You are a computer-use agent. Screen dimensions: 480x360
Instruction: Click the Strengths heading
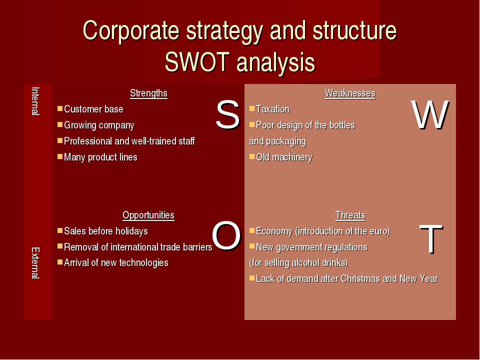click(148, 93)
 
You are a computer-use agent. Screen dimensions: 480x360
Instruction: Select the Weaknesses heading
click(350, 93)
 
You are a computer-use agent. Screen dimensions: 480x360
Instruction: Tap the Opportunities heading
click(148, 215)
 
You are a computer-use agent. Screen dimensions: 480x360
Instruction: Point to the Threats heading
click(350, 215)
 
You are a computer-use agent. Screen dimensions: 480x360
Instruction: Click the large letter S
click(227, 115)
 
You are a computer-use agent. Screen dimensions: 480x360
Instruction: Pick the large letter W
click(430, 115)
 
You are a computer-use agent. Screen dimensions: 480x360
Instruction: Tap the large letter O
click(226, 236)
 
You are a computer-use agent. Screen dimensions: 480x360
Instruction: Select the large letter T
click(431, 239)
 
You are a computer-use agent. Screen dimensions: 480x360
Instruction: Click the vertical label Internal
click(35, 101)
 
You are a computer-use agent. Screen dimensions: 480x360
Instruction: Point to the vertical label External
click(35, 263)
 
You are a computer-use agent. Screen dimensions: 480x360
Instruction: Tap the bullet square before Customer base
click(60, 108)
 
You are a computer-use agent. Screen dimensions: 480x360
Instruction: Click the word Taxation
click(273, 109)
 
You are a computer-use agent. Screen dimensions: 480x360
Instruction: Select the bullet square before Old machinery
click(252, 156)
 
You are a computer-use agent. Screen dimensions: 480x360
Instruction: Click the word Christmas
click(360, 279)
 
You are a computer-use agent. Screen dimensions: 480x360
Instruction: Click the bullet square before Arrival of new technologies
click(60, 262)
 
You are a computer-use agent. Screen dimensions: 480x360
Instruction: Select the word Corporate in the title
click(131, 30)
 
